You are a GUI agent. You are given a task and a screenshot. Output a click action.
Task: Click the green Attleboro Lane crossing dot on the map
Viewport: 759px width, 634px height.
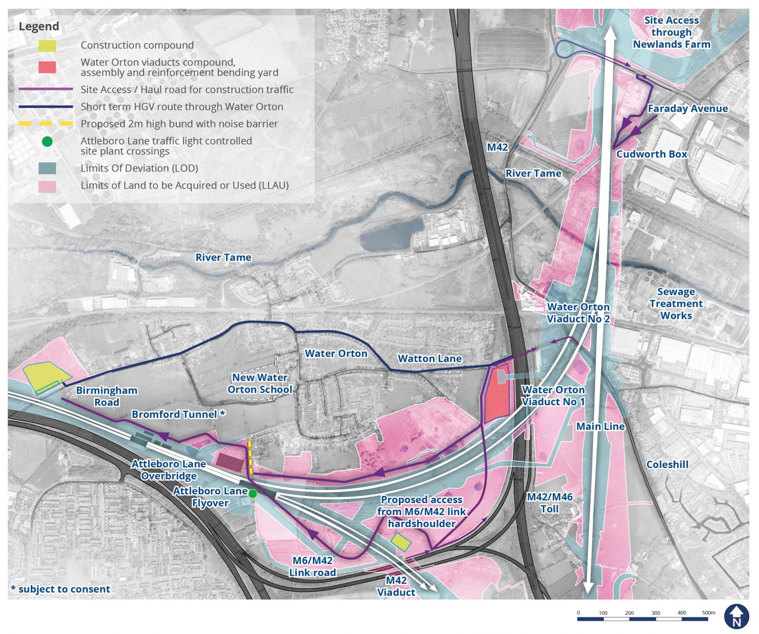[x=252, y=494]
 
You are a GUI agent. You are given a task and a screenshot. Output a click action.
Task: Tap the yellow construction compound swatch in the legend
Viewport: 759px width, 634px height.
[x=47, y=46]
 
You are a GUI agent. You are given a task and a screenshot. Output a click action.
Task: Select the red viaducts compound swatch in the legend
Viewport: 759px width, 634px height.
[x=47, y=67]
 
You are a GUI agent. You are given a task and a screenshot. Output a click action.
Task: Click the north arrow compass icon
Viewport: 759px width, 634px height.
[x=736, y=616]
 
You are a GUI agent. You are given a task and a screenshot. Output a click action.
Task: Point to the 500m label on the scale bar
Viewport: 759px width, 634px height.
[x=708, y=613]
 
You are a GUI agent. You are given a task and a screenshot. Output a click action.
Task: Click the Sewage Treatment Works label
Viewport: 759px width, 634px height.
[x=676, y=304]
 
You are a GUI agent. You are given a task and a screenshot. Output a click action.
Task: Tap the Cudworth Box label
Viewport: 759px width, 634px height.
[x=652, y=154]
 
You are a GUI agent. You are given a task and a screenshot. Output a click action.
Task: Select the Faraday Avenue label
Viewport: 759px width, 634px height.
[x=687, y=109]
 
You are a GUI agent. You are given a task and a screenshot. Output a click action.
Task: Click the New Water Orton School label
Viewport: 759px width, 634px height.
[x=260, y=383]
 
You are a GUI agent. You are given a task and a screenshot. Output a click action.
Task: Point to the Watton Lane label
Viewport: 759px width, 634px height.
[x=430, y=359]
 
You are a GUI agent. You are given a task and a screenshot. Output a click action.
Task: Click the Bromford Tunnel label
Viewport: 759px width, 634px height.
[x=178, y=414]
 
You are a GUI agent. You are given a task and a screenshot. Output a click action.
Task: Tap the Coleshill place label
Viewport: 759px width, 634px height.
[x=667, y=465]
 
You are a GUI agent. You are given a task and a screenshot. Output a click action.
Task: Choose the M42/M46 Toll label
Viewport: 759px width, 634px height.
[x=549, y=503]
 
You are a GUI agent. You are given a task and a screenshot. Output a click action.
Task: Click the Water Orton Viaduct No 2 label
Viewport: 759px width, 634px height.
[x=578, y=313]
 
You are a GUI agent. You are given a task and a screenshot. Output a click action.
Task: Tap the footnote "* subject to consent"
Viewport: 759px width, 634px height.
[x=61, y=589]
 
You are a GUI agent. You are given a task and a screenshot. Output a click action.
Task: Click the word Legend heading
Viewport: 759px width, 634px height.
[x=38, y=26]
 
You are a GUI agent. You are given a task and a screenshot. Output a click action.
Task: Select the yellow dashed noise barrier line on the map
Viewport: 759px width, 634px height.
[x=251, y=456]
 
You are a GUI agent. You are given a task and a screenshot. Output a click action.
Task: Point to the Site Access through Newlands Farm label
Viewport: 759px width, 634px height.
[x=672, y=32]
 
